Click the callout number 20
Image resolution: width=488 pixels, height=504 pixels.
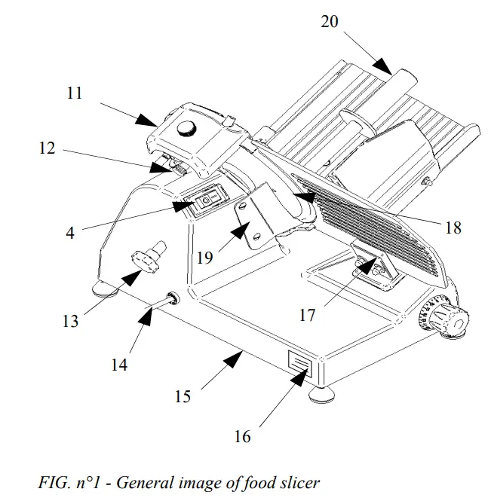(330, 21)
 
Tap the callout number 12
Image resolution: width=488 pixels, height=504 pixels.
(47, 148)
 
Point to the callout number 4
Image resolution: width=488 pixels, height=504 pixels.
(70, 233)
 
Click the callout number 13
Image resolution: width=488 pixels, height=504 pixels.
(70, 322)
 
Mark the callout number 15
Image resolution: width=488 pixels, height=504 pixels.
(183, 396)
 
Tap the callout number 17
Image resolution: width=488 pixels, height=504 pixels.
(307, 315)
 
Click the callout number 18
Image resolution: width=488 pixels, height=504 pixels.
(453, 226)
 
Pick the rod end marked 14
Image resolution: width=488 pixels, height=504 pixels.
(171, 298)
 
